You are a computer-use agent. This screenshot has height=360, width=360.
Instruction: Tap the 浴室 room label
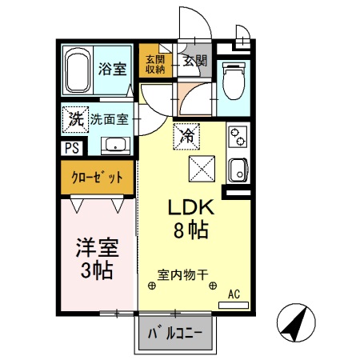pos(112,68)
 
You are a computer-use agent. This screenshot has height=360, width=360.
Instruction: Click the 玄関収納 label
pos(156,64)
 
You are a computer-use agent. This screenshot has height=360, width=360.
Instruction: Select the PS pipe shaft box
pos(70,147)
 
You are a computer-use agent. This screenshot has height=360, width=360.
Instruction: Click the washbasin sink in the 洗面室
pos(117,146)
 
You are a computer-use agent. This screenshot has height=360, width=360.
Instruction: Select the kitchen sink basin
pos(238,170)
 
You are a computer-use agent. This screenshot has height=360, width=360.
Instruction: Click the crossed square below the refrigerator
pos(201,170)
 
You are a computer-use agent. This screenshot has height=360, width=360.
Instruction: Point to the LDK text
pos(188,207)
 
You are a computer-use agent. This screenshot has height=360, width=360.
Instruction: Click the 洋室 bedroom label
pos(94,247)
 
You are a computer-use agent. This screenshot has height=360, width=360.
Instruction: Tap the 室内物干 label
pos(183,272)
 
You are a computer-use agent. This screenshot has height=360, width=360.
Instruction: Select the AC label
pos(234,294)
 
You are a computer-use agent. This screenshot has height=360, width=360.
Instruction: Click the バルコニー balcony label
pos(175,333)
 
